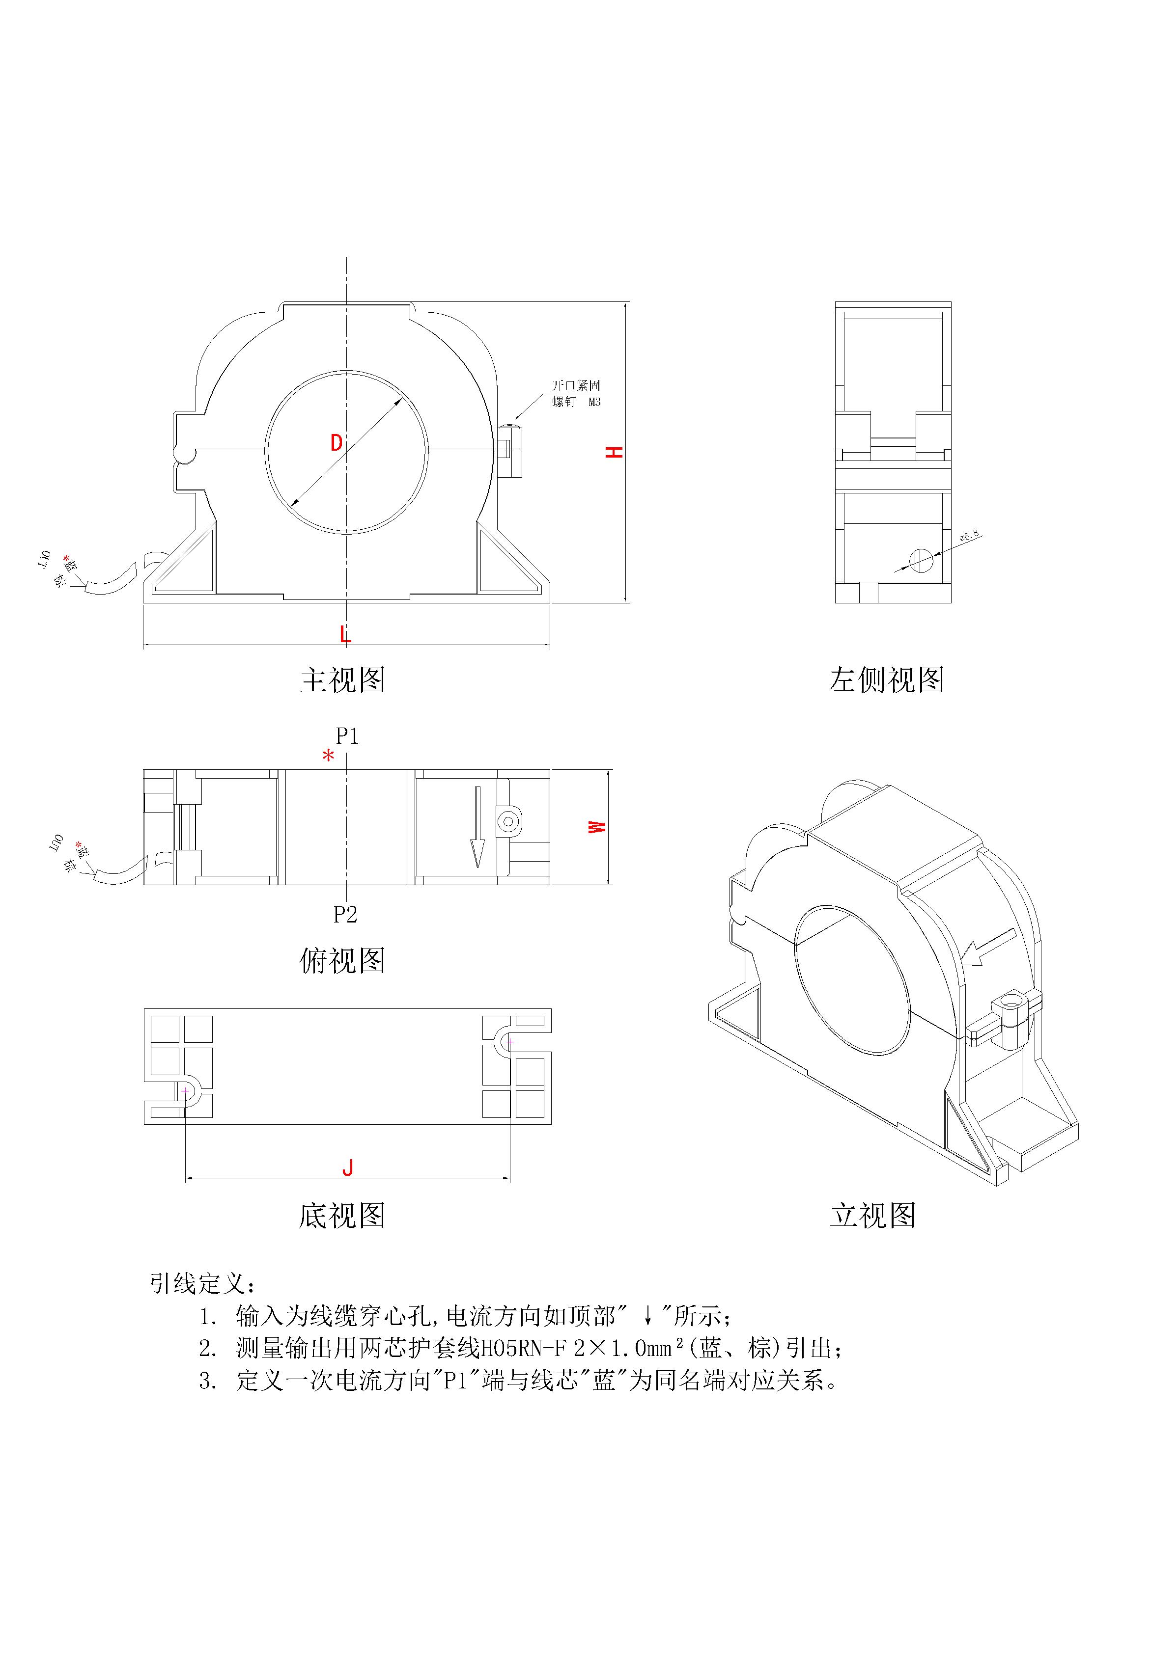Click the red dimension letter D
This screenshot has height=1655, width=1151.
click(x=336, y=442)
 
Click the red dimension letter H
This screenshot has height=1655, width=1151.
click(x=614, y=452)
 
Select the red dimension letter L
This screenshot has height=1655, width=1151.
click(x=345, y=634)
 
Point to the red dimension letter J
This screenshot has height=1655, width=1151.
click(x=348, y=1167)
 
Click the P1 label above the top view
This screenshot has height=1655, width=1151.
click(x=347, y=736)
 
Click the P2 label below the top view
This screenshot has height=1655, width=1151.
click(x=345, y=915)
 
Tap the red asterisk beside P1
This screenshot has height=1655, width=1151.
click(x=328, y=756)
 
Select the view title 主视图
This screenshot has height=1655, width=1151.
click(x=342, y=680)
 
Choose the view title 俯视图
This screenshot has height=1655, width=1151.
click(x=342, y=961)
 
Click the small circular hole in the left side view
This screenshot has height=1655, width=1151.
click(x=921, y=559)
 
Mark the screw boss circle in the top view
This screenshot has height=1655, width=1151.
click(x=508, y=821)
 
